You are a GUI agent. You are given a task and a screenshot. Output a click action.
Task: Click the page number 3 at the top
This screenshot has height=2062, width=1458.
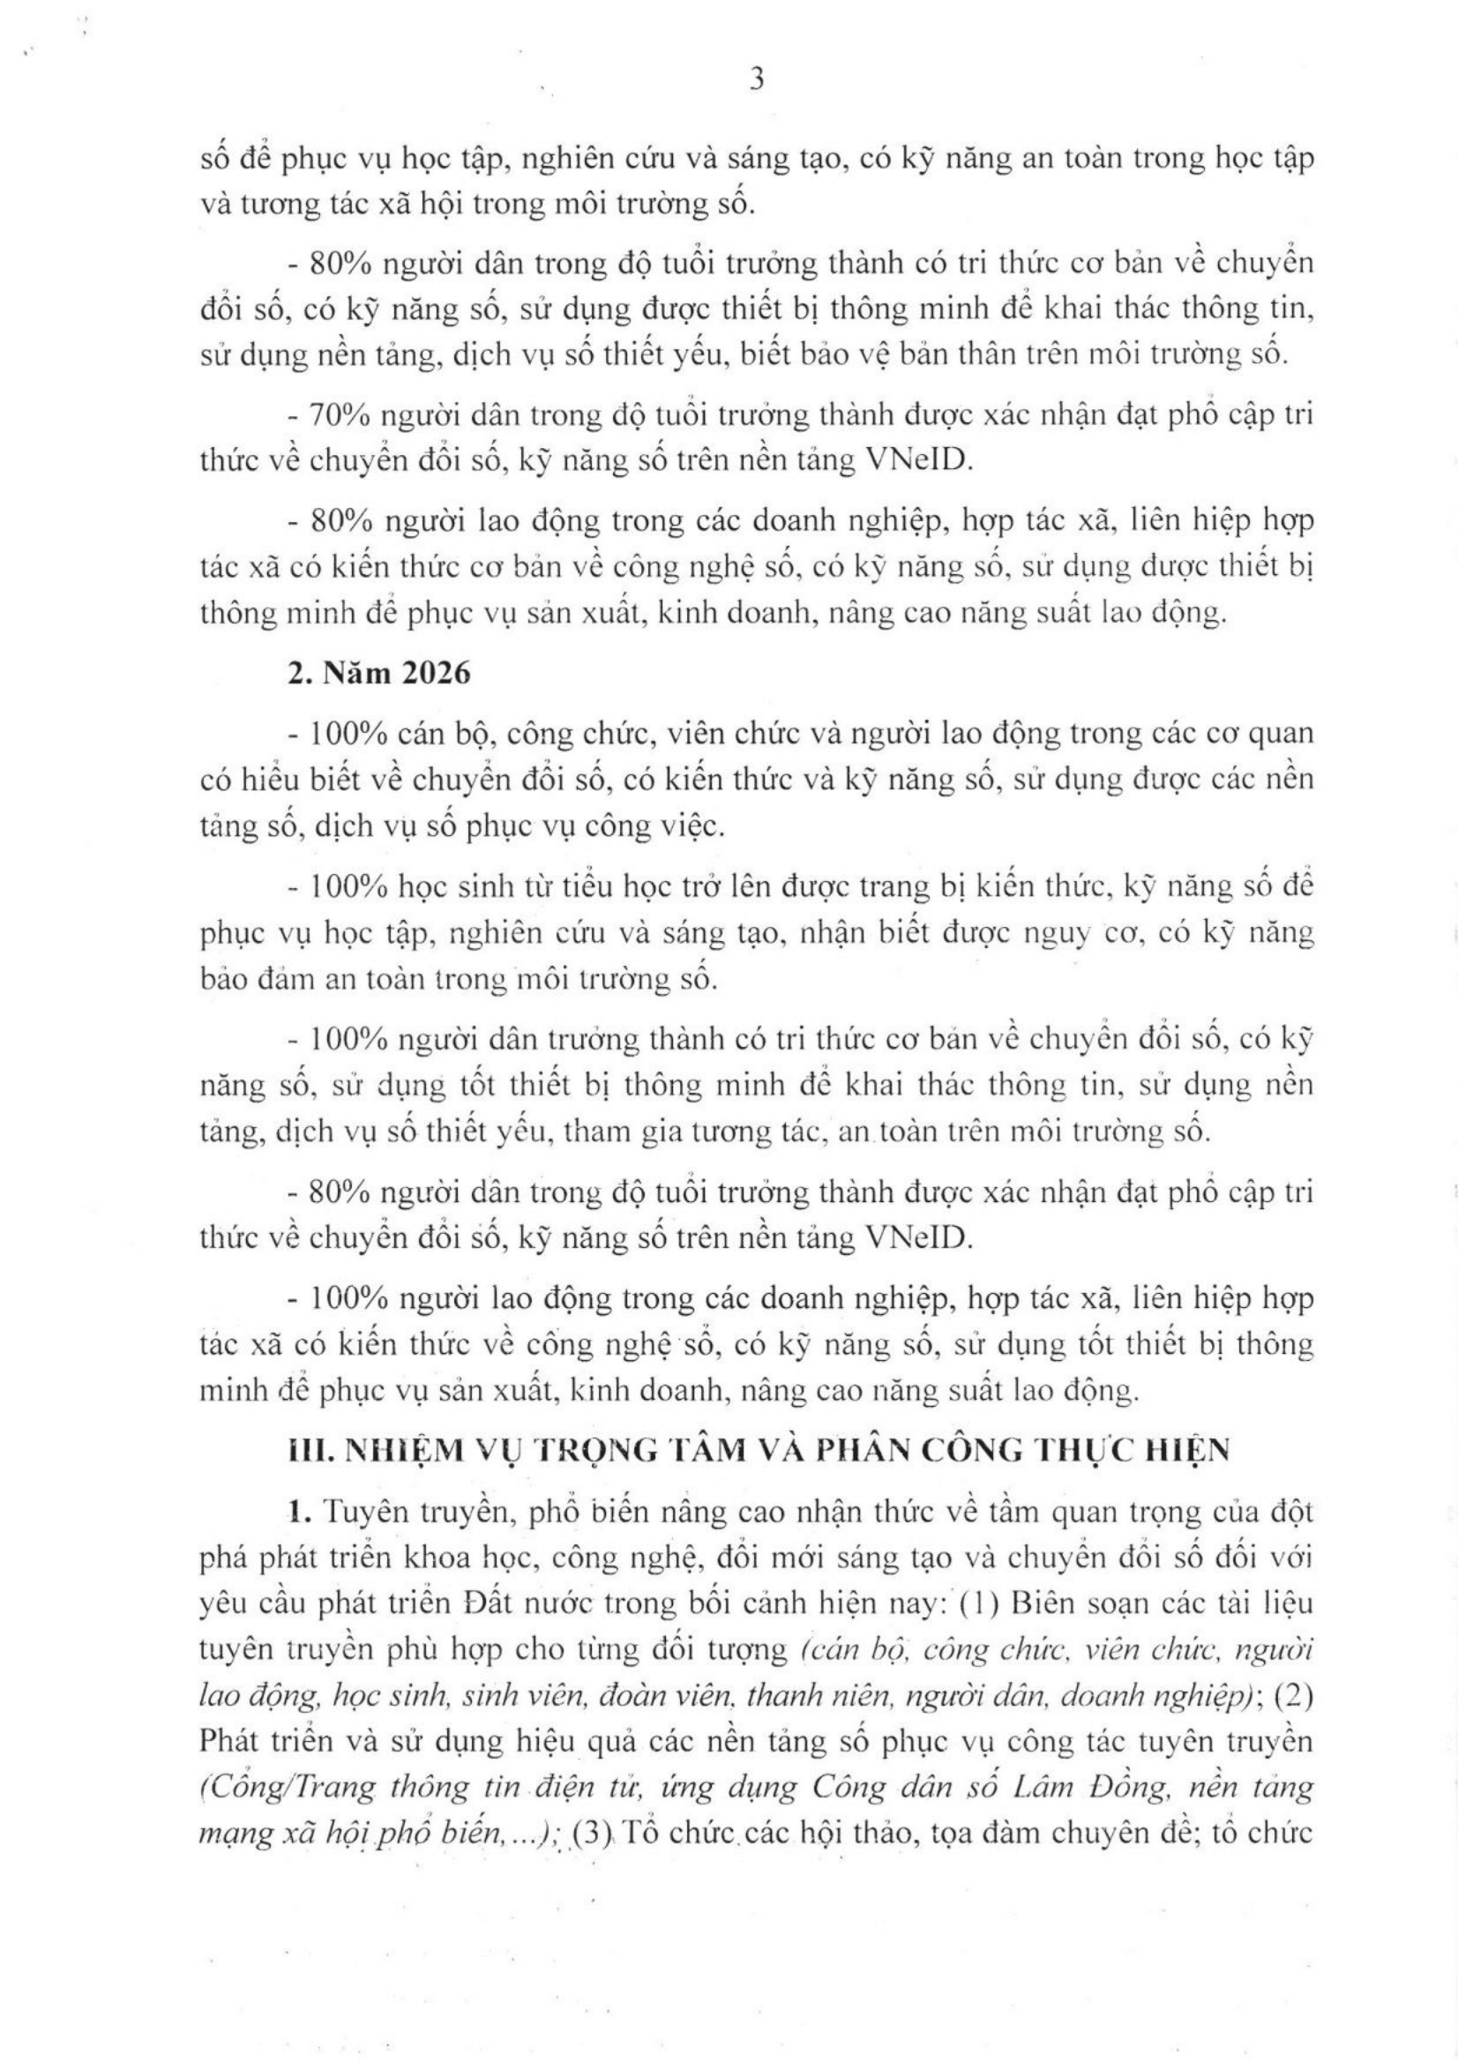[x=756, y=81]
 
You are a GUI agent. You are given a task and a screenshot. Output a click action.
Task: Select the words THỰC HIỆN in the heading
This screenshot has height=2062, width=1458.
[x=1136, y=1451]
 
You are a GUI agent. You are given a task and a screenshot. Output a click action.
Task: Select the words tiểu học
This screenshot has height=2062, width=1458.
[x=563, y=887]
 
